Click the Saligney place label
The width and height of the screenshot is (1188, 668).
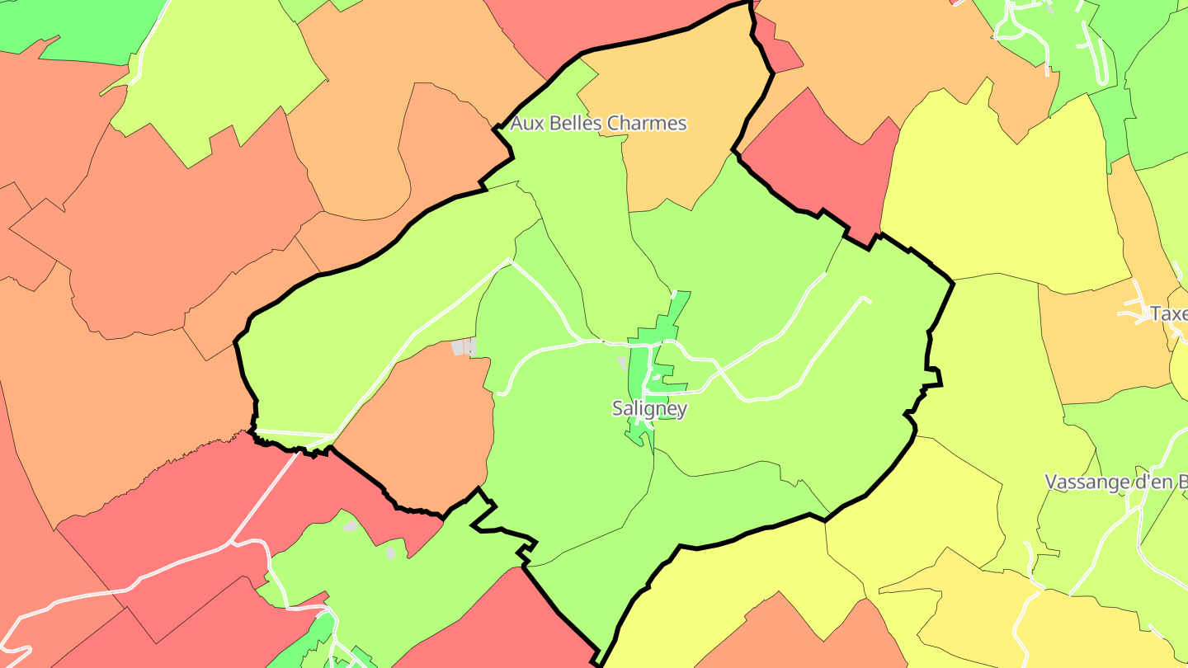tap(649, 408)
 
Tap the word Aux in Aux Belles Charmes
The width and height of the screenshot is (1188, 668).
tap(526, 124)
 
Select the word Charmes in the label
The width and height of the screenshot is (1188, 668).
tap(646, 124)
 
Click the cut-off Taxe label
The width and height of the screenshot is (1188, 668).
tap(1168, 313)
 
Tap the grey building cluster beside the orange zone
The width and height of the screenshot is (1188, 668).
tap(464, 347)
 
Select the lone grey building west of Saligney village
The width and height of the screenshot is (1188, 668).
tap(621, 362)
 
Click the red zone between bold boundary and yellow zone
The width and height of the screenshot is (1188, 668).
tap(825, 165)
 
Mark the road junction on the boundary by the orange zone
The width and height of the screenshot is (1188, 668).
tap(332, 437)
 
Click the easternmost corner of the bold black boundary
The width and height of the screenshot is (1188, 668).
tap(953, 283)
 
